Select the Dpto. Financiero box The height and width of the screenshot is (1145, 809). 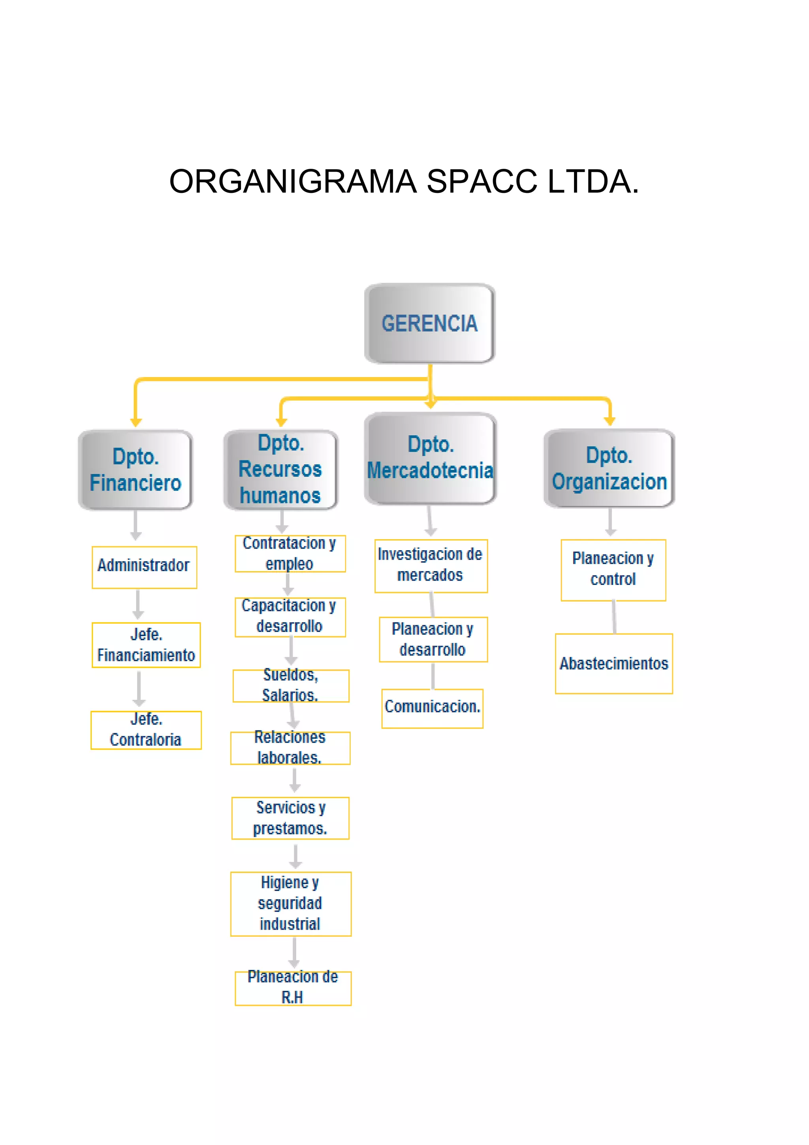tap(135, 470)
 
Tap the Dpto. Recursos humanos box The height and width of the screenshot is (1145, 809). tap(280, 470)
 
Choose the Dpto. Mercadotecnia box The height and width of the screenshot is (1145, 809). tap(430, 458)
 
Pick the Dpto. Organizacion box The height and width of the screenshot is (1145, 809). tap(609, 469)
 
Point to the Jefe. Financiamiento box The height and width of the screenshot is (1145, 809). tap(146, 644)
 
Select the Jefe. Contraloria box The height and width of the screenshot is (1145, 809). tap(145, 730)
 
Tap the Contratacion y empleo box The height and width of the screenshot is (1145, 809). tap(290, 554)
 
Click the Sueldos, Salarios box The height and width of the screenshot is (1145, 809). tap(291, 685)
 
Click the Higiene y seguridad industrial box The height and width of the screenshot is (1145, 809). tap(291, 903)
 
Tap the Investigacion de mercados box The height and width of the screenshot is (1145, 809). tap(431, 566)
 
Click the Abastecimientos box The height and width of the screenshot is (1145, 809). tap(613, 663)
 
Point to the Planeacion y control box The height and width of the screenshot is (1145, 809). tap(613, 570)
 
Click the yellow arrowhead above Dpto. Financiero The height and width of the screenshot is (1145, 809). tap(136, 423)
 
